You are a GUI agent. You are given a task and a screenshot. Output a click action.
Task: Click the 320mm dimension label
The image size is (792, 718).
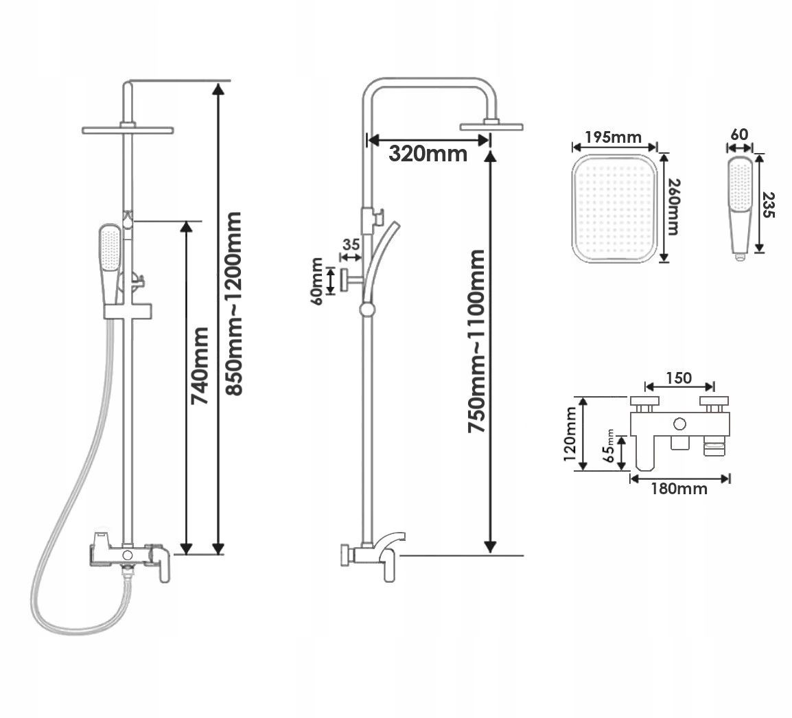click(x=428, y=153)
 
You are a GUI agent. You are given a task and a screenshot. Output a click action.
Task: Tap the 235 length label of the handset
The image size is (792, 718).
click(x=769, y=203)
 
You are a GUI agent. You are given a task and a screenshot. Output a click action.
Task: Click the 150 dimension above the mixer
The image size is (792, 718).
click(x=678, y=378)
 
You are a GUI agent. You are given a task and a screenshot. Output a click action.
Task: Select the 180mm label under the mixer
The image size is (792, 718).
click(x=679, y=489)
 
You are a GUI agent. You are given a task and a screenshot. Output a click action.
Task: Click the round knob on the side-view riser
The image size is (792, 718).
click(x=368, y=310)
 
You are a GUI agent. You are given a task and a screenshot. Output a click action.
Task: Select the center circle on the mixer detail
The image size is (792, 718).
click(x=680, y=425)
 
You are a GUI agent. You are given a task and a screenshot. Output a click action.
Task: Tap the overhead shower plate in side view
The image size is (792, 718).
click(x=491, y=126)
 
